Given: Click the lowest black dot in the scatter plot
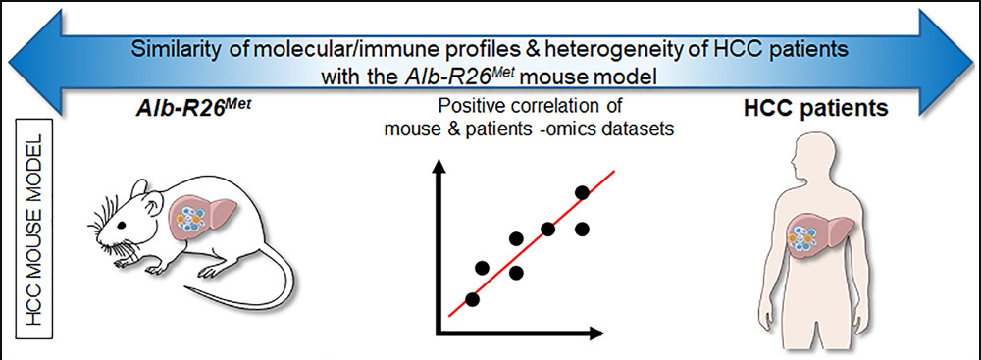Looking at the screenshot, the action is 473,299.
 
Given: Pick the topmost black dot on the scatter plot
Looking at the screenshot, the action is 582,193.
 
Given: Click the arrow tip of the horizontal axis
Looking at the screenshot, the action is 602,332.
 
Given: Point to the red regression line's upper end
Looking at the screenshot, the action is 615,170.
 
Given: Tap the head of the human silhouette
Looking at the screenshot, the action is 801,152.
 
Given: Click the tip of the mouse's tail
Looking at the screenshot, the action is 185,286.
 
